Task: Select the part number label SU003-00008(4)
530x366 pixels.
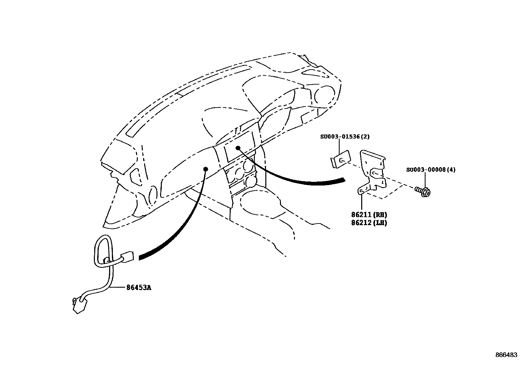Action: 431,170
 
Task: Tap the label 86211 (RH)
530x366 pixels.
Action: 369,215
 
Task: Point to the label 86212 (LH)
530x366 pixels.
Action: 369,223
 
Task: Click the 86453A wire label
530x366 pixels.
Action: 138,287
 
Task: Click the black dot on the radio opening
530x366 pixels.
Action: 238,148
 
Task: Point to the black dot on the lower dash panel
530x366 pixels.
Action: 205,169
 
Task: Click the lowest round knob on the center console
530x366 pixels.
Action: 251,182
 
